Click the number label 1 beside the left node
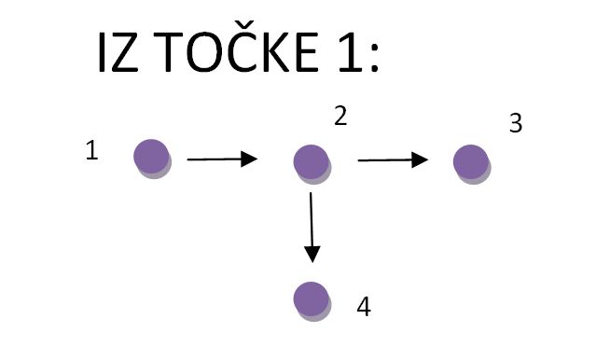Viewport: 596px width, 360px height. click(91, 151)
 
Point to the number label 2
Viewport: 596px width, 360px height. click(340, 116)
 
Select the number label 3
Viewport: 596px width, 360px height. click(515, 124)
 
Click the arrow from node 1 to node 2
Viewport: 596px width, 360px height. click(222, 159)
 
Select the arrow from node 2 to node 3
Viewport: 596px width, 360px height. click(393, 160)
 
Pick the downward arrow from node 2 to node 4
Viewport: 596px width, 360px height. click(312, 228)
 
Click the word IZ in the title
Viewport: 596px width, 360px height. click(116, 55)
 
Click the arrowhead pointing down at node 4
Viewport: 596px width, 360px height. click(312, 253)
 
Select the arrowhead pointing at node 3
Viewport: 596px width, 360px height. click(422, 160)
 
